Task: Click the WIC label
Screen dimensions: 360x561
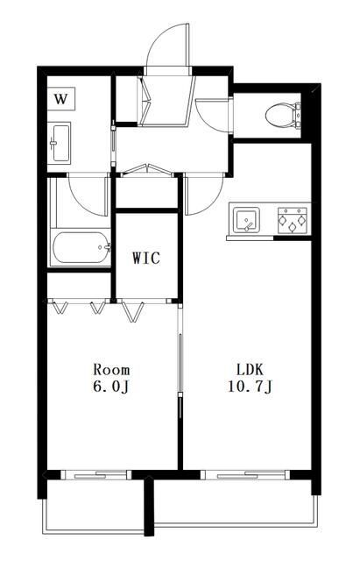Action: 146,258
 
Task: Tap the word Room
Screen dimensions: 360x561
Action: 111,369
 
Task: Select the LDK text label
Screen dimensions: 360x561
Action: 251,369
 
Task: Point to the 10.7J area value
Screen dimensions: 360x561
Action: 251,387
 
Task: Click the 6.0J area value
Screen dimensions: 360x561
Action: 110,387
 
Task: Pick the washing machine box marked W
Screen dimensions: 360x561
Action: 61,99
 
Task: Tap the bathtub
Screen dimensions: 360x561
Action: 81,247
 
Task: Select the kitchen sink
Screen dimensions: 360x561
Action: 246,219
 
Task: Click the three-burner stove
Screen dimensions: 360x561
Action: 293,220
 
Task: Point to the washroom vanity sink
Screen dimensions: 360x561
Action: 60,143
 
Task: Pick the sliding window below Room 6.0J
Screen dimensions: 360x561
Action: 95,475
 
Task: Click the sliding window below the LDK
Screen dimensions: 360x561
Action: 245,475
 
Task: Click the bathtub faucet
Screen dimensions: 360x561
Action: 107,247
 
